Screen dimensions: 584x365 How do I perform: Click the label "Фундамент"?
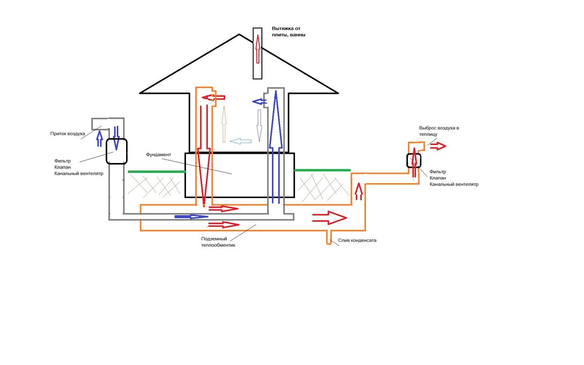pyautogui.click(x=159, y=155)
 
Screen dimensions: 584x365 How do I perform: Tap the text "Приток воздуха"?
pyautogui.click(x=68, y=134)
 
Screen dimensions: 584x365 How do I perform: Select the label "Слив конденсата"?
pyautogui.click(x=357, y=240)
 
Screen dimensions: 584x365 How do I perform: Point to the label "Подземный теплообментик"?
pyautogui.click(x=218, y=242)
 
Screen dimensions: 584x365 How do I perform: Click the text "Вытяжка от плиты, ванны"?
pyautogui.click(x=289, y=32)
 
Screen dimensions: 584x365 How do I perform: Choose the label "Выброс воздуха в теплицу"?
pyautogui.click(x=439, y=131)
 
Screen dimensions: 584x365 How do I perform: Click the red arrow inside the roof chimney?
pyautogui.click(x=257, y=49)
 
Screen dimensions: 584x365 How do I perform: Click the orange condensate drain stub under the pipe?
pyautogui.click(x=329, y=238)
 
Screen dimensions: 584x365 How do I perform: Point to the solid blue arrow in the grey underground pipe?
pyautogui.click(x=191, y=217)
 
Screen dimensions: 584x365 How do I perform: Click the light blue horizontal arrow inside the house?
pyautogui.click(x=240, y=141)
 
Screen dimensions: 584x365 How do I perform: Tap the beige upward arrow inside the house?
pyautogui.click(x=224, y=124)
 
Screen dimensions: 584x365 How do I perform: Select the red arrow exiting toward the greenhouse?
pyautogui.click(x=438, y=146)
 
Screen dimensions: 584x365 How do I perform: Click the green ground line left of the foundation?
pyautogui.click(x=156, y=171)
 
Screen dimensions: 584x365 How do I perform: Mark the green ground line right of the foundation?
pyautogui.click(x=322, y=170)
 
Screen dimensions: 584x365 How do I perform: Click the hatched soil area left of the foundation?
pyautogui.click(x=154, y=186)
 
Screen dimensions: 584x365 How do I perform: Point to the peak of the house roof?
pyautogui.click(x=239, y=34)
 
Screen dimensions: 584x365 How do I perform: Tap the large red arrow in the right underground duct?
pyautogui.click(x=329, y=218)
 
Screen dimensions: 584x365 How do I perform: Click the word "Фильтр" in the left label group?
pyautogui.click(x=62, y=161)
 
